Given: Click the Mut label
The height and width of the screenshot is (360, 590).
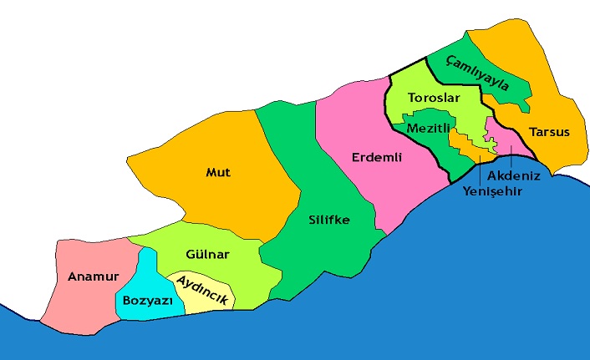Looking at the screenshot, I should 218,173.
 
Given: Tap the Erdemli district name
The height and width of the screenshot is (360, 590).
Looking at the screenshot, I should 378,156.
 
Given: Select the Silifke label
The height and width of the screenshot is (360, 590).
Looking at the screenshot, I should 328,221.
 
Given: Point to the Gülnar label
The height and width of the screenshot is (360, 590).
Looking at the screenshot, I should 207,254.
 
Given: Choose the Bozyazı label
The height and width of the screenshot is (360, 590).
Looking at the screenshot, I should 147,299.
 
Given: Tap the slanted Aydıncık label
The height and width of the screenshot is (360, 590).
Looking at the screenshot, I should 200,291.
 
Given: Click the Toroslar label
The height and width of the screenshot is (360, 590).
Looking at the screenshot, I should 434,99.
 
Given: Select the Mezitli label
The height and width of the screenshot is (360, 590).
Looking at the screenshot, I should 429,129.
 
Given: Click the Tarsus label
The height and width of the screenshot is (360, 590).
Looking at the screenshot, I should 549,132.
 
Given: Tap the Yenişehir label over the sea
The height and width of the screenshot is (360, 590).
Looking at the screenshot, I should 492,190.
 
